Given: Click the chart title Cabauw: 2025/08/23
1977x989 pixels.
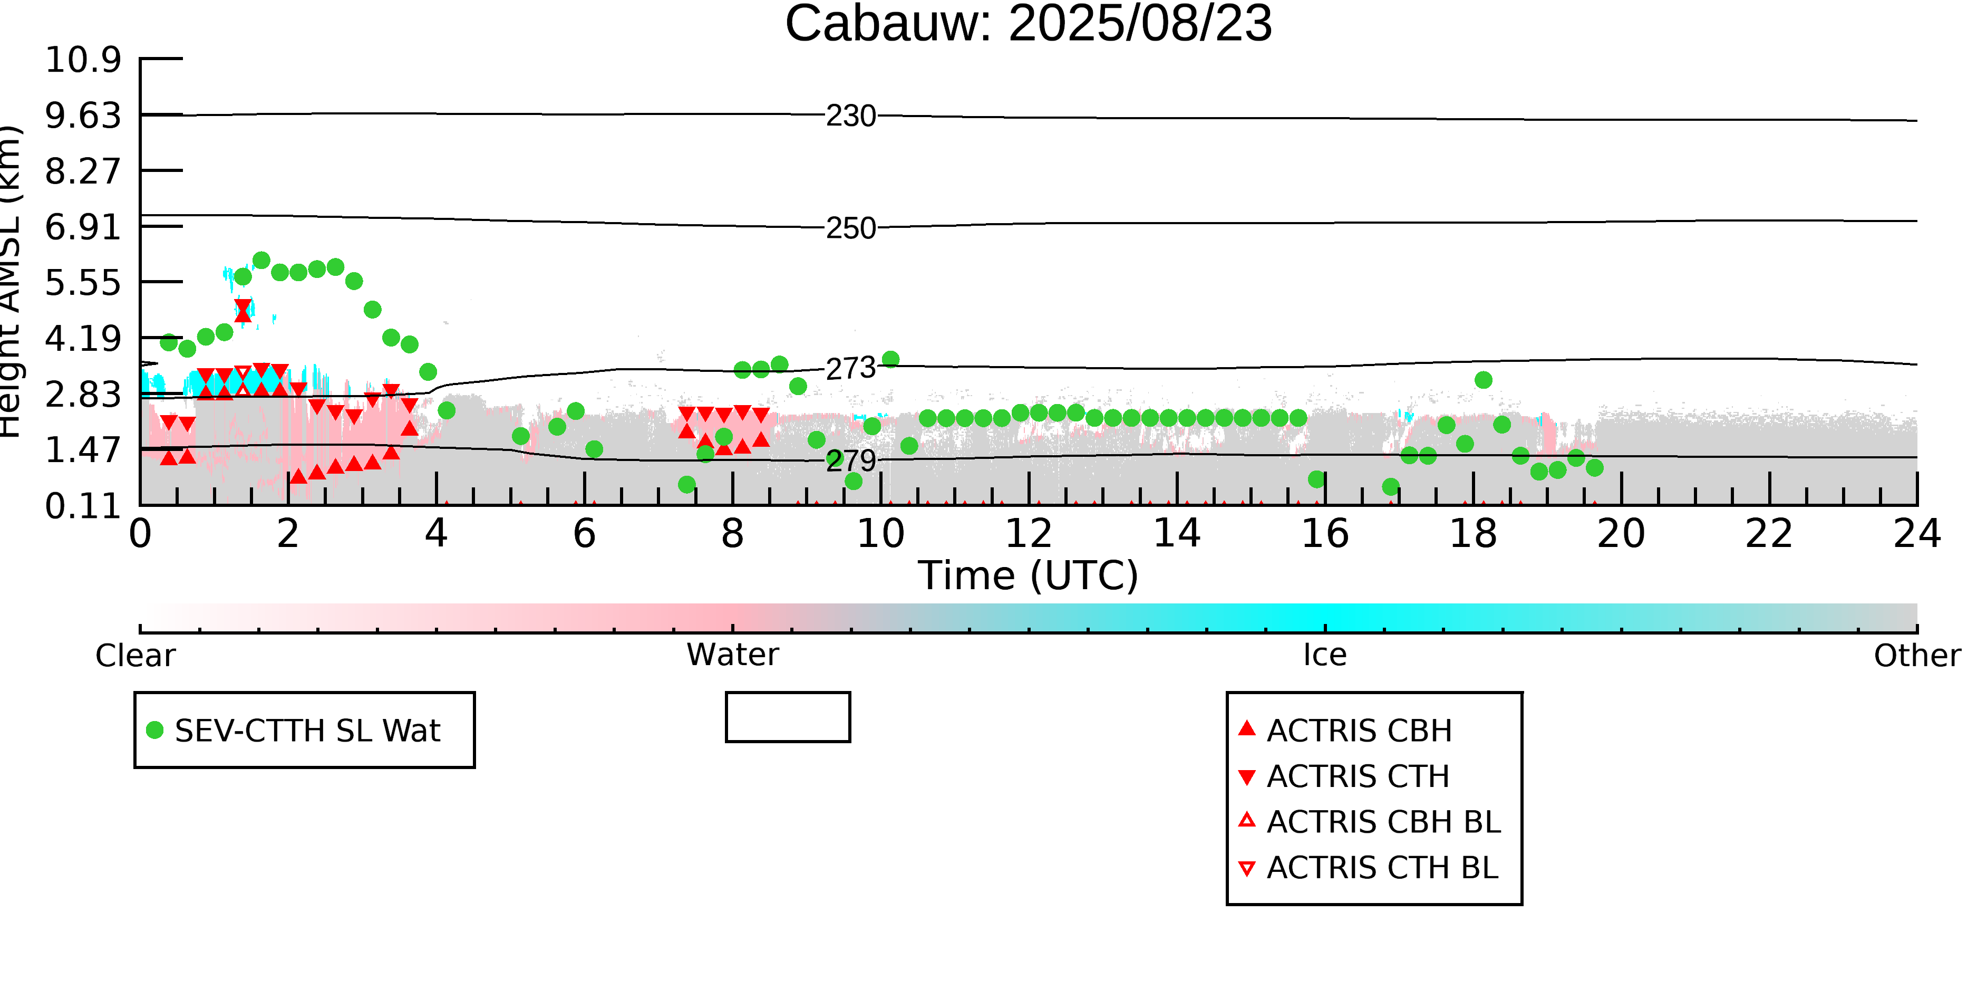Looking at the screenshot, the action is pyautogui.click(x=1029, y=23).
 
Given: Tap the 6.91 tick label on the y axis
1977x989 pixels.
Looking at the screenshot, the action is pyautogui.click(x=83, y=226).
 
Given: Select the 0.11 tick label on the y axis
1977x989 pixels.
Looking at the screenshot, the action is pyautogui.click(x=83, y=506).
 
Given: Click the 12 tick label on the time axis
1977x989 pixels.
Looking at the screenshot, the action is pyautogui.click(x=1029, y=534).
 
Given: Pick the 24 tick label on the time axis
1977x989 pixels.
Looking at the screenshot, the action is pyautogui.click(x=1917, y=534).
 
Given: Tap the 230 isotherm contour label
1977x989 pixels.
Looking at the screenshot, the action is pyautogui.click(x=850, y=116).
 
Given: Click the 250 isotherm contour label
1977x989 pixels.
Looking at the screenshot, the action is pyautogui.click(x=850, y=228).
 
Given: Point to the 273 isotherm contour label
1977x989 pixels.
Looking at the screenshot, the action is pyautogui.click(x=850, y=369).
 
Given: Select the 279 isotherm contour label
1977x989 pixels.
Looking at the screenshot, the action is pyautogui.click(x=850, y=460).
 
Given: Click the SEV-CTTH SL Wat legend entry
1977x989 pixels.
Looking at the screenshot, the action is pyautogui.click(x=294, y=730).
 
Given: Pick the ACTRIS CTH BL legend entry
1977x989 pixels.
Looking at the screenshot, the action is pyautogui.click(x=1369, y=868).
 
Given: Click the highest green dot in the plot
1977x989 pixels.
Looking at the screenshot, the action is pyautogui.click(x=261, y=260).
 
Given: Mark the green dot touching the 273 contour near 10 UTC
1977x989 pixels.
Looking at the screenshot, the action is pyautogui.click(x=890, y=359).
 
